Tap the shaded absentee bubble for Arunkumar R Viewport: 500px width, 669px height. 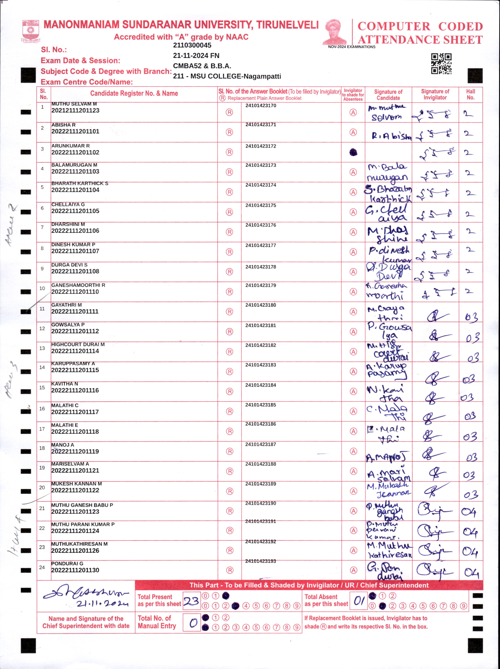point(353,152)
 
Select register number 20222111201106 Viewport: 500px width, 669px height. point(75,231)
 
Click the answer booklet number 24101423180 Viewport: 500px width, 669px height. point(261,305)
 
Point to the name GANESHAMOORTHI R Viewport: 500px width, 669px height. point(78,285)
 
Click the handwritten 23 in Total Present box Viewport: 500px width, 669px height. point(191,601)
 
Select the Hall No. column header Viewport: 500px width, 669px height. point(470,94)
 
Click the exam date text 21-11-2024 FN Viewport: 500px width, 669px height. point(196,56)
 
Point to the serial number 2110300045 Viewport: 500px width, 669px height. point(192,45)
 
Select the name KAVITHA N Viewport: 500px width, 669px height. point(65,384)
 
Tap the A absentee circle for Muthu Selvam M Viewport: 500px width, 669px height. point(353,113)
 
